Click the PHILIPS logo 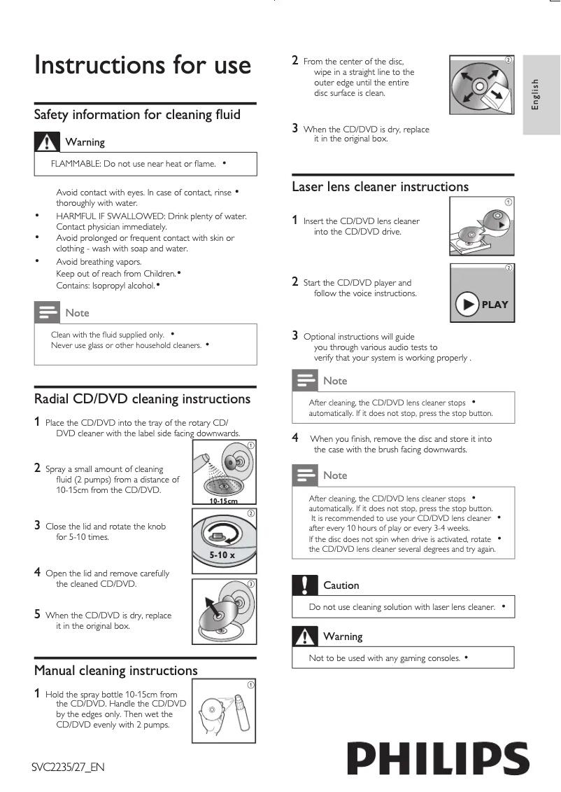click(x=438, y=759)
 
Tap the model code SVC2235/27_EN click(x=68, y=767)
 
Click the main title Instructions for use click(x=143, y=64)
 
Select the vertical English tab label click(x=536, y=94)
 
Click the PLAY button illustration click(x=482, y=305)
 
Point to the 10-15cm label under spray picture click(x=223, y=501)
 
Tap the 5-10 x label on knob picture click(x=222, y=555)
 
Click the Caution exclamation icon click(x=305, y=584)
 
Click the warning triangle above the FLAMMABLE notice click(x=47, y=141)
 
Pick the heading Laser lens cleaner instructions click(x=380, y=187)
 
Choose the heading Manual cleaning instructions click(x=116, y=671)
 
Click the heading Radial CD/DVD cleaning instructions click(x=142, y=399)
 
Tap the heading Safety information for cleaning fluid click(x=137, y=115)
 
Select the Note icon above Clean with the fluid click(x=47, y=312)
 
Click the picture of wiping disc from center click(x=481, y=85)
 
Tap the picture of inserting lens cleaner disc click(x=481, y=227)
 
